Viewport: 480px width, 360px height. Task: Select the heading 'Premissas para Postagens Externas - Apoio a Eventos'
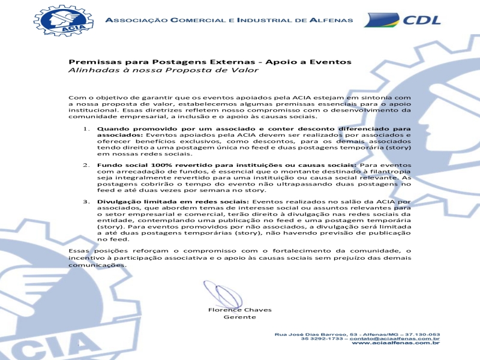coord(209,62)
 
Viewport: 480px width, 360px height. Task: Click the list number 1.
coord(86,128)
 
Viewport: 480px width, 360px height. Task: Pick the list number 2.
coord(86,165)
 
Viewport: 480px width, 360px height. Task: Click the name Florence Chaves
coord(239,310)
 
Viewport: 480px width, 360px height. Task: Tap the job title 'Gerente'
coord(239,317)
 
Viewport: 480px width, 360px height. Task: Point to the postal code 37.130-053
coord(421,334)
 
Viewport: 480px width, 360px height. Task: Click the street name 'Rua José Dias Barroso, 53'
coord(312,334)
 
